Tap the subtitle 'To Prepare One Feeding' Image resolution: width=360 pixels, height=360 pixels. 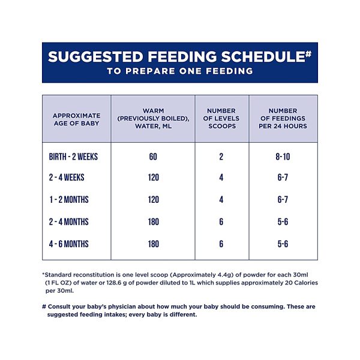180,71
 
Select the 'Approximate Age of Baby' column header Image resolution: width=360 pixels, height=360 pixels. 76,119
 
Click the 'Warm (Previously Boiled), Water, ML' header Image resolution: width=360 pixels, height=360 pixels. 153,118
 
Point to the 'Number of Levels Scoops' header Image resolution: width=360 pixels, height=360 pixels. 221,118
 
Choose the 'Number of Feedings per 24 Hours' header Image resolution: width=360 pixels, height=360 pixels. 283,118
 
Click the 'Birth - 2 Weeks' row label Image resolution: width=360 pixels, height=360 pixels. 73,157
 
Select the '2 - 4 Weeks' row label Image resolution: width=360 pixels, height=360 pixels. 67,178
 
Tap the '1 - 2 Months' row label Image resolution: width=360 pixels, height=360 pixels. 69,200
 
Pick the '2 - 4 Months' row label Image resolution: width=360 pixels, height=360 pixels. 68,222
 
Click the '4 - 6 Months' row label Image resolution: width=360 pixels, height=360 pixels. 68,244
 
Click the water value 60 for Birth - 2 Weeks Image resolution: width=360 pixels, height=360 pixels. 153,157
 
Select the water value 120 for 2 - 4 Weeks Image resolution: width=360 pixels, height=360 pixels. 154,178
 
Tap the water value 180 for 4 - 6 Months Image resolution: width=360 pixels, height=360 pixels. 154,244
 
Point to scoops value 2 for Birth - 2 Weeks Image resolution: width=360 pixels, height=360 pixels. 221,157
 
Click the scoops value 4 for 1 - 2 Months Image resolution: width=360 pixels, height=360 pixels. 221,200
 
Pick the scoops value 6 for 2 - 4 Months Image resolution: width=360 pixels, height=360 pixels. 221,222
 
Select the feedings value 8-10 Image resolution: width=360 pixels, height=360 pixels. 283,157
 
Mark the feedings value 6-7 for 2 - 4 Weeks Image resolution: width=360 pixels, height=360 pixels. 283,178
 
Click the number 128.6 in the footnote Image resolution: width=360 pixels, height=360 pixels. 114,283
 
